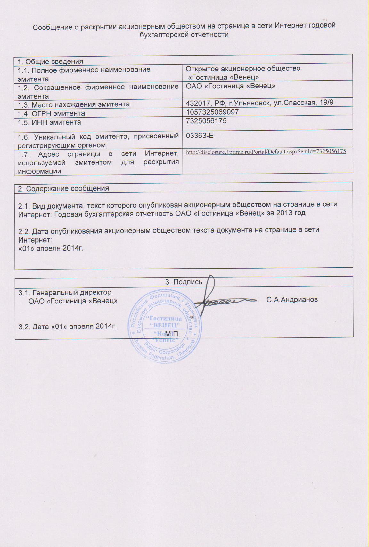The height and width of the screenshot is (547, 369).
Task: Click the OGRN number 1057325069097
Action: (x=212, y=112)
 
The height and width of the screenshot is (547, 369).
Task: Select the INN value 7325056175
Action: (x=206, y=121)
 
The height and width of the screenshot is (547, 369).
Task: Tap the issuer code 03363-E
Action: (x=200, y=136)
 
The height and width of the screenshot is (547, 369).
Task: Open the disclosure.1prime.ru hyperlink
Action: (x=266, y=151)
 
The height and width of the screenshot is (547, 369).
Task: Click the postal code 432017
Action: (x=196, y=103)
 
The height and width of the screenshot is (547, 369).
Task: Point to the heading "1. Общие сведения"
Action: (x=50, y=62)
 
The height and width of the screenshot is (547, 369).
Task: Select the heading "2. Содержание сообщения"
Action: (x=63, y=188)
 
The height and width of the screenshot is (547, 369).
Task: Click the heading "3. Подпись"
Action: (x=184, y=282)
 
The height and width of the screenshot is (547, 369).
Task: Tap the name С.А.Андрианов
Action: (x=292, y=300)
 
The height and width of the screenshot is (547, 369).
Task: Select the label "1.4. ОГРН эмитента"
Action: (x=51, y=113)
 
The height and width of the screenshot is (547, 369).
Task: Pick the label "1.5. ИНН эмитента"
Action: (x=49, y=122)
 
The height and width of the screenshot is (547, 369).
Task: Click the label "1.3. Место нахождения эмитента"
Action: (x=74, y=104)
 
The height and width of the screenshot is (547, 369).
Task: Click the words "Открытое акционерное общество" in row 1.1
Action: (x=243, y=69)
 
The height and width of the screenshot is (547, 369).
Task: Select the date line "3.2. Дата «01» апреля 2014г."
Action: (x=67, y=327)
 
